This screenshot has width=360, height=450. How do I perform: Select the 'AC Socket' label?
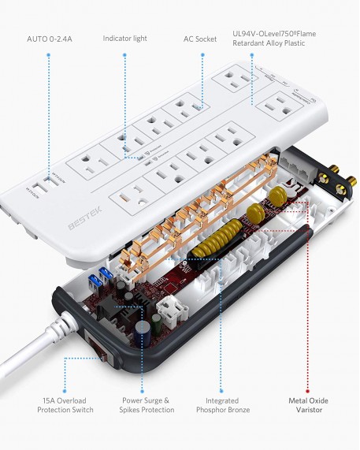click(201, 38)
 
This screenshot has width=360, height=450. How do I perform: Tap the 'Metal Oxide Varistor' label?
click(307, 404)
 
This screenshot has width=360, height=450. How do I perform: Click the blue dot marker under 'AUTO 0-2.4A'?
click(49, 55)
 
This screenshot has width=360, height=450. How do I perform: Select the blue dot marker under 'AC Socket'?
click(201, 55)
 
